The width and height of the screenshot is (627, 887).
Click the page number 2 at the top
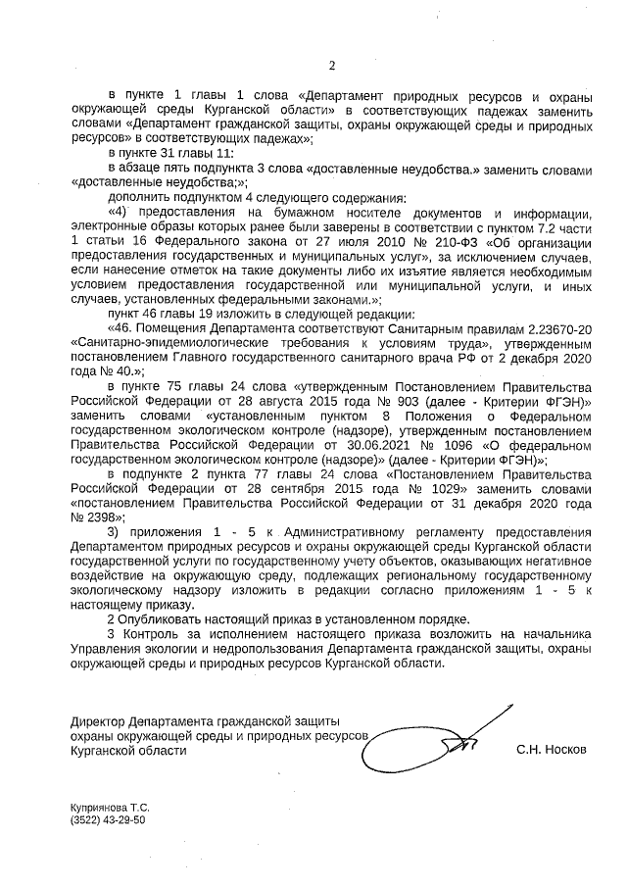click(x=331, y=67)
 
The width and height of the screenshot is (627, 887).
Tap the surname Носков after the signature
click(x=564, y=749)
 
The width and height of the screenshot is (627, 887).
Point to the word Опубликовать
click(x=157, y=618)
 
